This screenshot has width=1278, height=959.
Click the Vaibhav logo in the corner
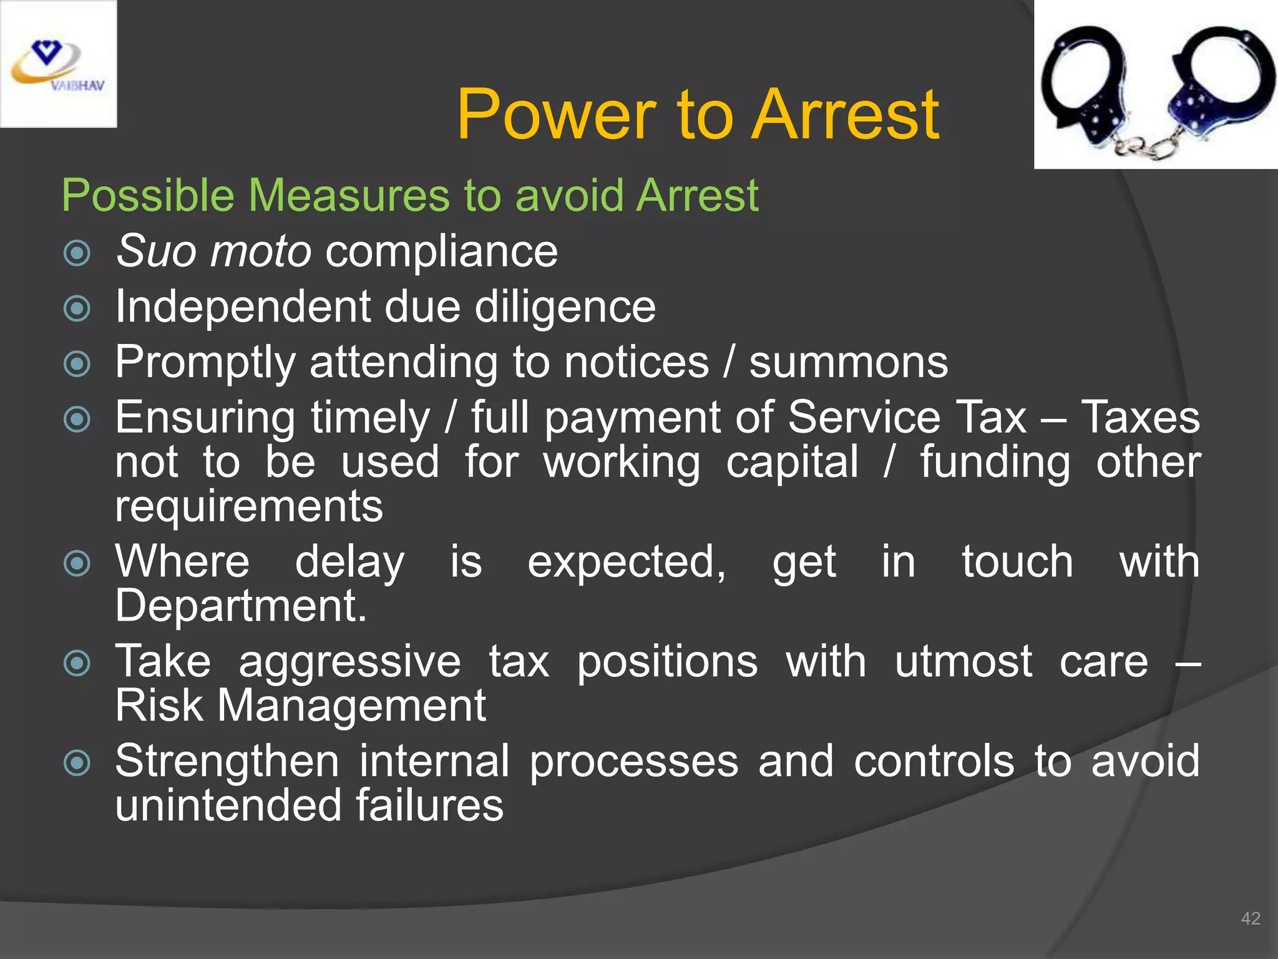[58, 64]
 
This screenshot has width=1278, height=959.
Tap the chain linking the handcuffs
[1147, 145]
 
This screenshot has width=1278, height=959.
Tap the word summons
[848, 362]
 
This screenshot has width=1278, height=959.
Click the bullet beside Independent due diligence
[77, 308]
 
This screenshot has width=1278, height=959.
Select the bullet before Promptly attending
[77, 363]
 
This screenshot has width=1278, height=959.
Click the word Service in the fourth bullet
[864, 417]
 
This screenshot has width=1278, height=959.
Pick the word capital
[793, 463]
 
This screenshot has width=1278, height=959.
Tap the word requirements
[249, 506]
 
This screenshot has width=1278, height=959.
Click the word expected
[626, 562]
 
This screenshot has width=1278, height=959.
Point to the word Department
[240, 606]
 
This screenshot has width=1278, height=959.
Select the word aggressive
[349, 662]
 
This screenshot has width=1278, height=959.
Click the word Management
[351, 706]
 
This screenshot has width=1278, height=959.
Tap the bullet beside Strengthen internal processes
[77, 763]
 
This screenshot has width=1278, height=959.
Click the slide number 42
[1251, 918]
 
